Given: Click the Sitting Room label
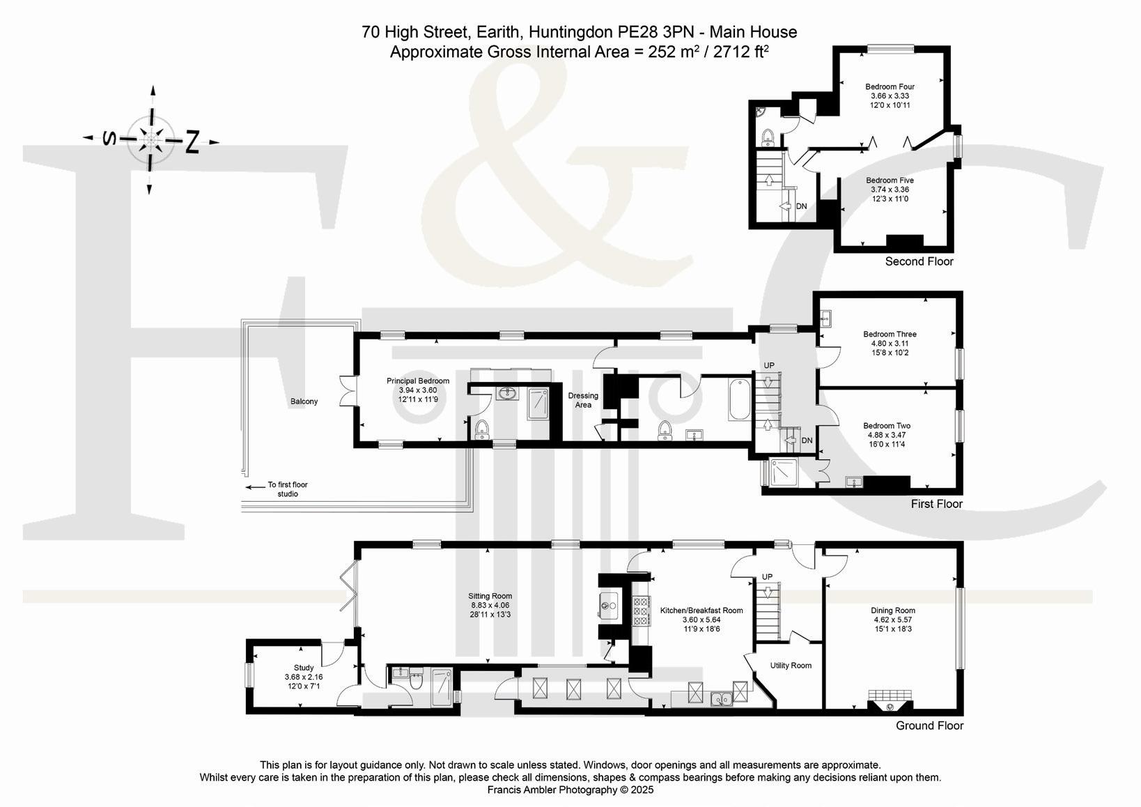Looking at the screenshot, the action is pos(490,596).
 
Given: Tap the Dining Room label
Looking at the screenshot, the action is pos(893,610).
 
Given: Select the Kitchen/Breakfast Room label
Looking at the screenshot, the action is pos(701,610).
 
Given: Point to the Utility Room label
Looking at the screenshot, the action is pos(791,666).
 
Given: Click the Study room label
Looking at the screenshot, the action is pos(304,668).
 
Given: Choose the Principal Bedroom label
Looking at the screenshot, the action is pos(418,381).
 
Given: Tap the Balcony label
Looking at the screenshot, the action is pos(304,401).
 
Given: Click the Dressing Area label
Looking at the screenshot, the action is pos(583,400).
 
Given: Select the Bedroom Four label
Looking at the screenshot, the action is pos(890,86).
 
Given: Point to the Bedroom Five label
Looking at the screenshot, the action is pos(890,180).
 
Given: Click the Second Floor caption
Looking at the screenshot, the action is pos(919,261).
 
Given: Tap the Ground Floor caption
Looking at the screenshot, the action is pos(930,725).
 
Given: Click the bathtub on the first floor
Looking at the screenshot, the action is pos(739,400).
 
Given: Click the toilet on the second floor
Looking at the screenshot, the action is pos(767,137).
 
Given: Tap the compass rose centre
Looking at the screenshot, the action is pos(150,139).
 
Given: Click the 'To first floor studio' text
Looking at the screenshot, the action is pos(288,489).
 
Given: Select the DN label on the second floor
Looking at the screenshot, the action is pos(801,206).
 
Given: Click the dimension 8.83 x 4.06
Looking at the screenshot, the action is pos(490,605).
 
